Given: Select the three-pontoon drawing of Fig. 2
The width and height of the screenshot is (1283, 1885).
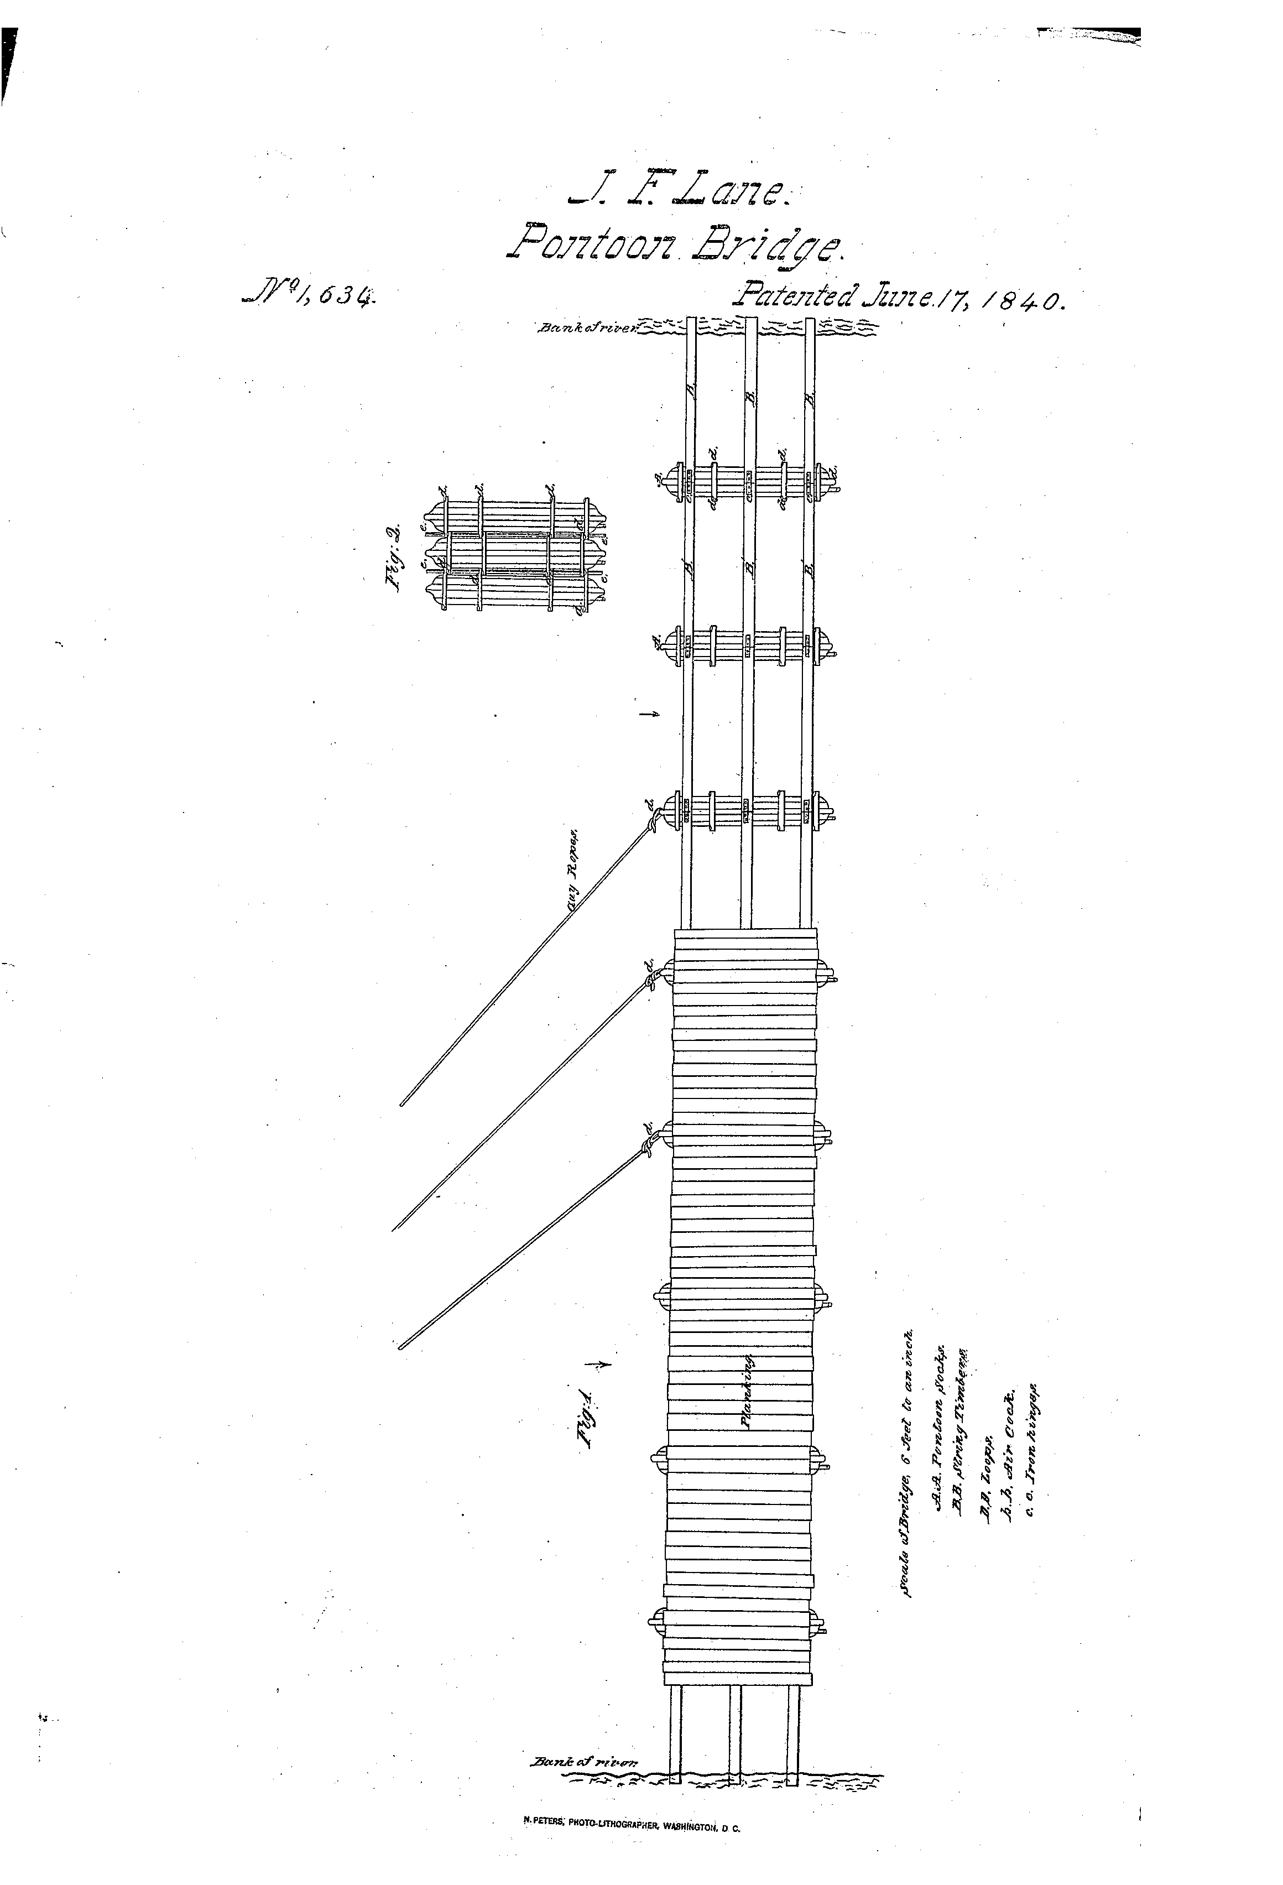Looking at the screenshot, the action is click(515, 556).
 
